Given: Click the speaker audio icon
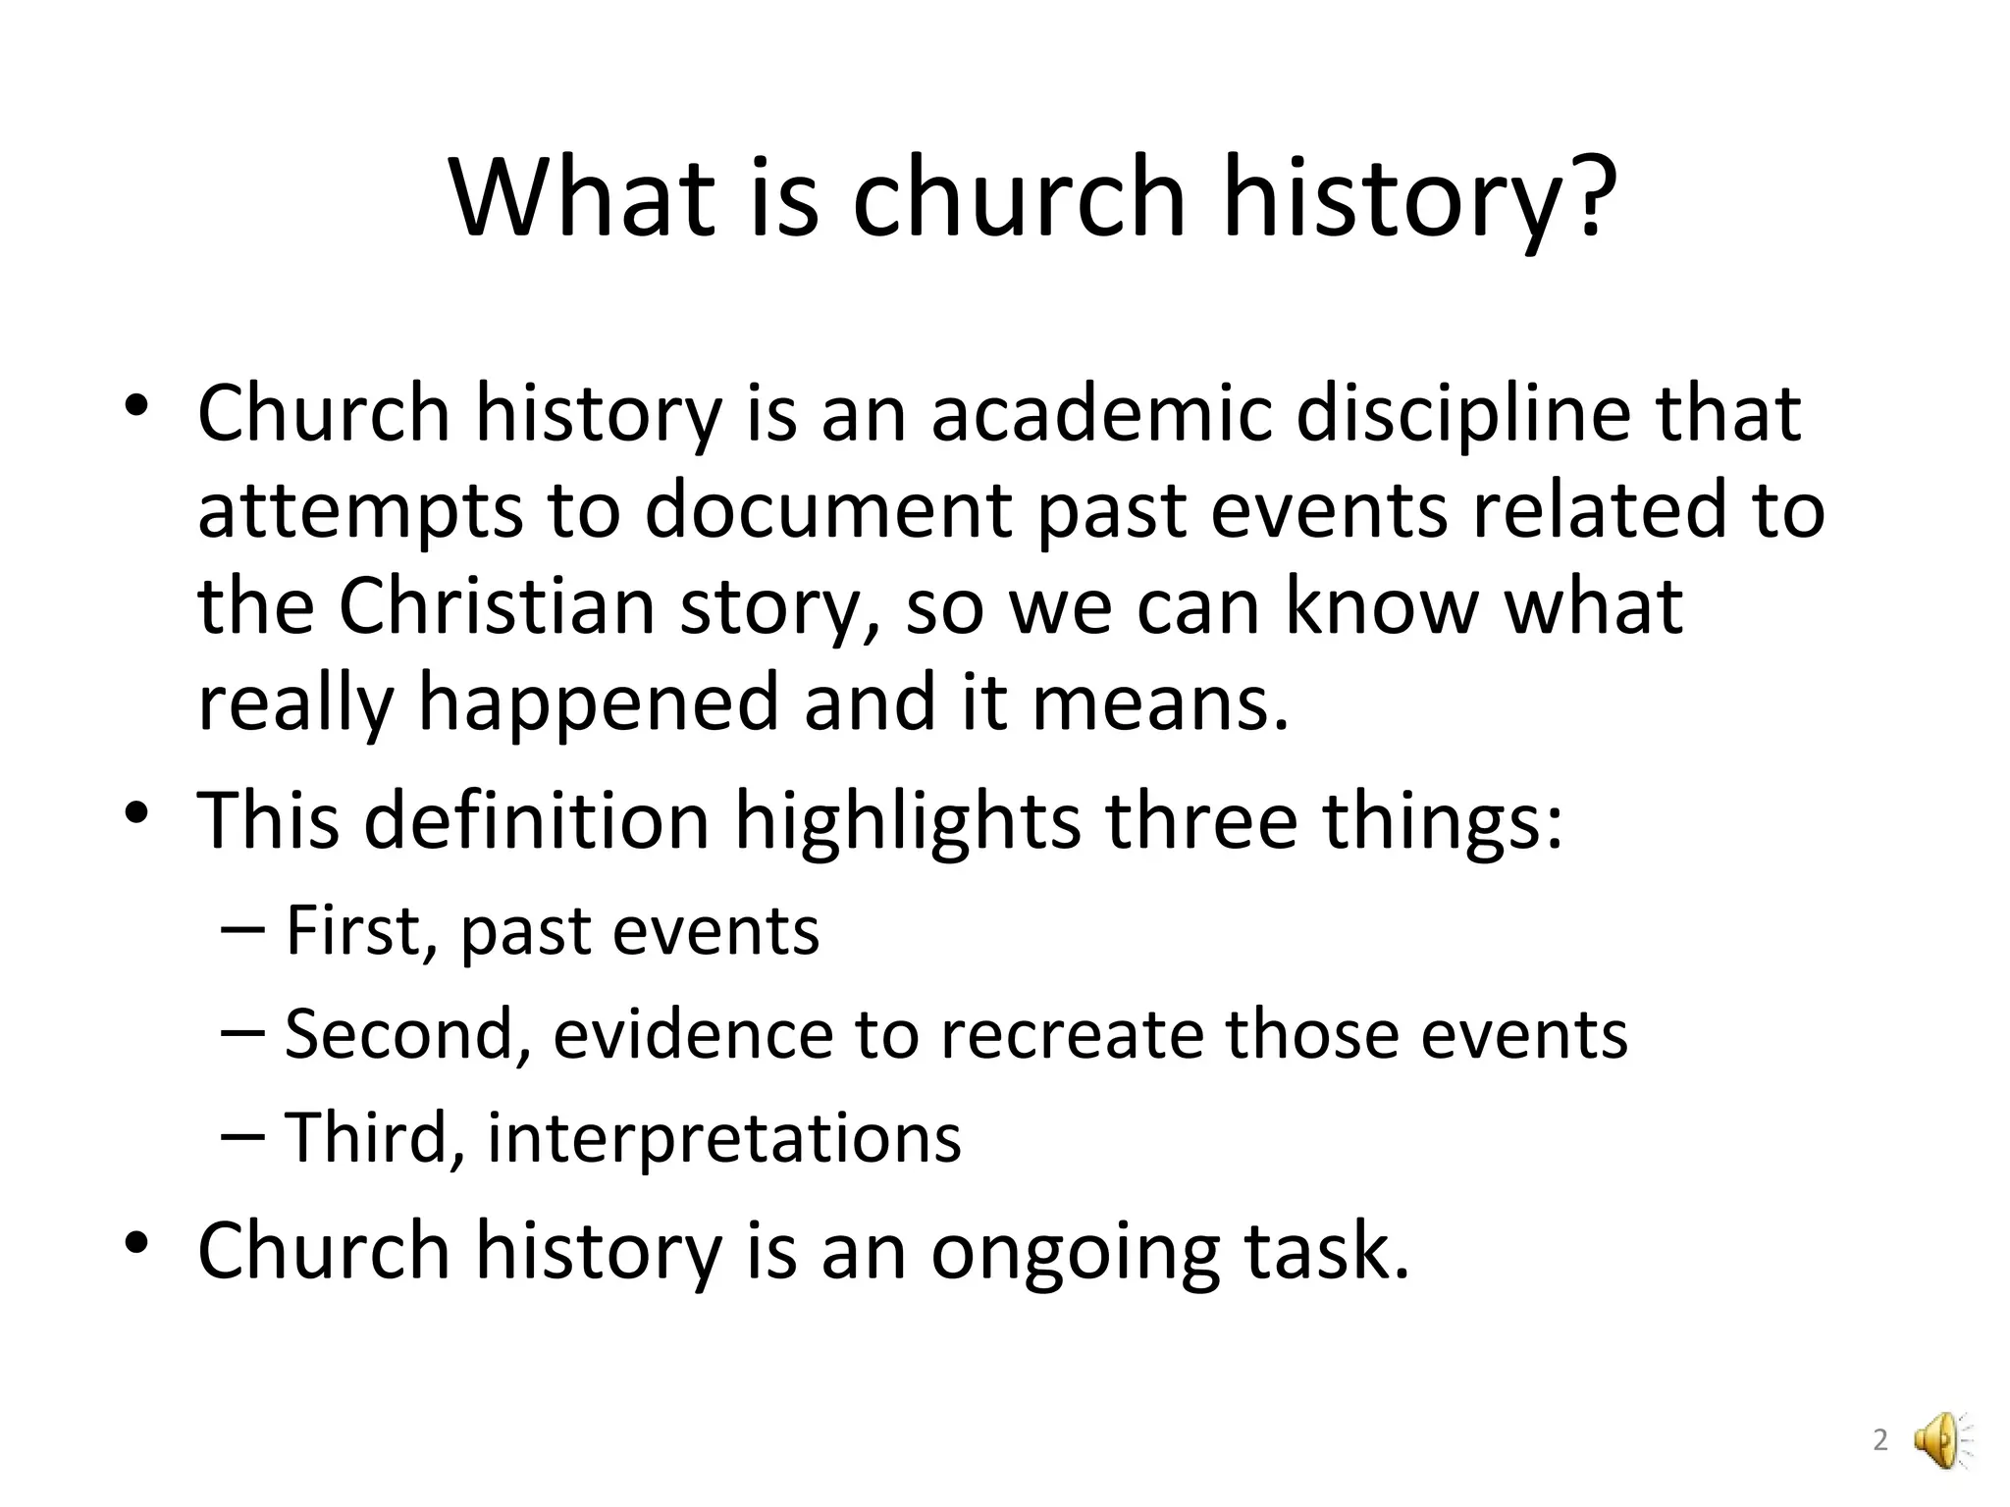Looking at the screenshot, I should [1942, 1440].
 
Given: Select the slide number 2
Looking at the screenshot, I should [1880, 1441].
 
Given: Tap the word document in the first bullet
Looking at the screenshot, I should [826, 510].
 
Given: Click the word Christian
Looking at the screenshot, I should [497, 606].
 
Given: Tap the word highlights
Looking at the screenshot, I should [908, 820].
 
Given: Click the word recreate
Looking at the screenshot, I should [1071, 1034].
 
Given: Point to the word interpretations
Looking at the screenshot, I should [723, 1138].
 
